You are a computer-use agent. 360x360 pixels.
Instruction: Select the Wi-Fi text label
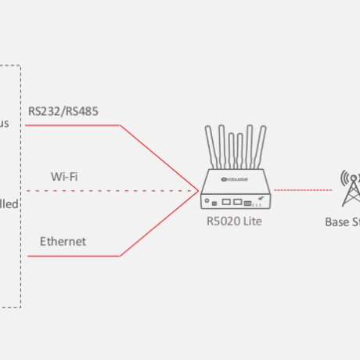click(63, 176)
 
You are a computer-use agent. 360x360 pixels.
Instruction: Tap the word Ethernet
click(63, 241)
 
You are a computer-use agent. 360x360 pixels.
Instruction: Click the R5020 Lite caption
click(235, 221)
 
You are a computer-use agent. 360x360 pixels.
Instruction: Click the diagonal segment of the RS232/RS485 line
click(157, 157)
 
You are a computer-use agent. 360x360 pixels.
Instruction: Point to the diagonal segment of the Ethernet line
click(157, 224)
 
